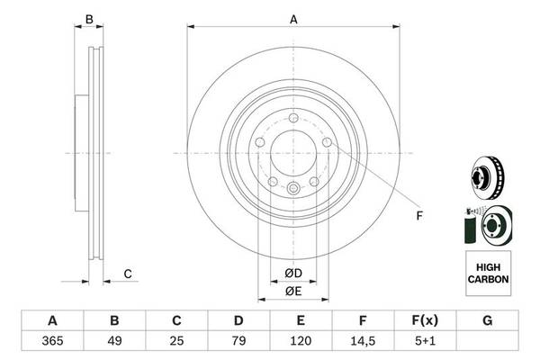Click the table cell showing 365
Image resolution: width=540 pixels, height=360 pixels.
tap(52, 341)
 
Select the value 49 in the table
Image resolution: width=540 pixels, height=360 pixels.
tap(114, 341)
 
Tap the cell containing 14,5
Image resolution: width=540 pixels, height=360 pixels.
tap(363, 341)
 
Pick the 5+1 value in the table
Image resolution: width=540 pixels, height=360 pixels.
tap(425, 341)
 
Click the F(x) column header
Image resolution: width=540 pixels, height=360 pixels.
tap(425, 320)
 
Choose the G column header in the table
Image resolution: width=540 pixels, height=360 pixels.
tap(487, 320)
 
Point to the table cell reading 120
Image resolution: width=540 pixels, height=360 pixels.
tap(301, 341)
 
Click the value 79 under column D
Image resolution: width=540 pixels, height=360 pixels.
tap(238, 341)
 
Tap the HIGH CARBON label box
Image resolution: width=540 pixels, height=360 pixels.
tap(488, 274)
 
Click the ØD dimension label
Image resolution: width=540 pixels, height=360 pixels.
tap(293, 274)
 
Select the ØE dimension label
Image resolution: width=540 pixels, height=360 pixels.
tap(293, 292)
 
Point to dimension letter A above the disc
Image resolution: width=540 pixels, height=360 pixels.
tap(293, 19)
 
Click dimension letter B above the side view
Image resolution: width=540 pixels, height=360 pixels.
tap(89, 19)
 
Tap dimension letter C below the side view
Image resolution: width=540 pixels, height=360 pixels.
tap(128, 274)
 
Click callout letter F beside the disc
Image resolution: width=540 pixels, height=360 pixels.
tap(419, 216)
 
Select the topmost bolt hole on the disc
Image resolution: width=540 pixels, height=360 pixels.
tap(293, 118)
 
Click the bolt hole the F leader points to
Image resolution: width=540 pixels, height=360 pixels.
tap(327, 142)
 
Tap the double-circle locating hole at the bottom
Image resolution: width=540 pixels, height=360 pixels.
tap(293, 188)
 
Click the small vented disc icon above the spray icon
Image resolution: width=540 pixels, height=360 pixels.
tap(487, 178)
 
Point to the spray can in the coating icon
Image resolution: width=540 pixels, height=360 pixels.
tap(470, 227)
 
